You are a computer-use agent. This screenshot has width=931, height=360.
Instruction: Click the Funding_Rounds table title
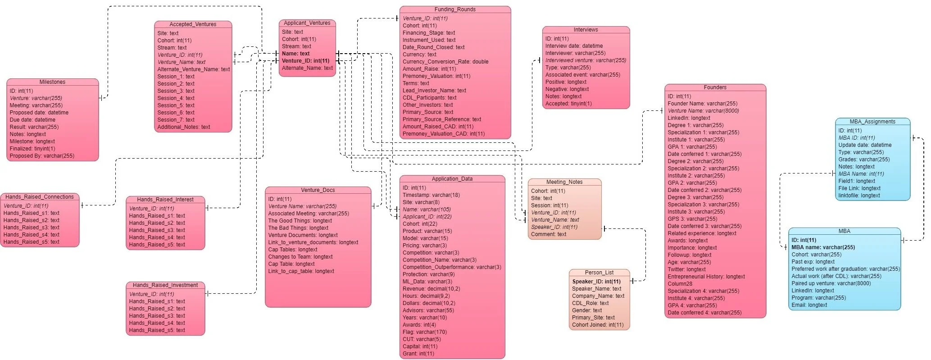tap(455, 9)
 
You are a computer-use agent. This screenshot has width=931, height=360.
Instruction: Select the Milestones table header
tap(52, 82)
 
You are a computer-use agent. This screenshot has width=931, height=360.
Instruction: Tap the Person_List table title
tap(599, 273)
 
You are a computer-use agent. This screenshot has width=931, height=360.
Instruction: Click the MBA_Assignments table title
tap(872, 122)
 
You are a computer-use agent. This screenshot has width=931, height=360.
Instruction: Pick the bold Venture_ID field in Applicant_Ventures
tap(305, 61)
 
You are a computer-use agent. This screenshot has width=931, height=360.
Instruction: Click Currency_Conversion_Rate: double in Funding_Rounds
tap(445, 62)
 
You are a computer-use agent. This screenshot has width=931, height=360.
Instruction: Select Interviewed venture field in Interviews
tap(586, 60)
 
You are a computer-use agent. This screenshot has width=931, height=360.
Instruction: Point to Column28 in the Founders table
tap(680, 284)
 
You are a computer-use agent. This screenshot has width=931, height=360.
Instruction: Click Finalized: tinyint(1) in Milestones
tap(32, 149)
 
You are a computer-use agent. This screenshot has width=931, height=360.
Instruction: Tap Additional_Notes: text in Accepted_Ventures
tap(184, 127)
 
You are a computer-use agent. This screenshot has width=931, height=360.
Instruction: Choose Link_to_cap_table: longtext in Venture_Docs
tap(301, 271)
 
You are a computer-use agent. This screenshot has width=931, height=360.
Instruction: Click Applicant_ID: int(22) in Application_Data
tap(427, 217)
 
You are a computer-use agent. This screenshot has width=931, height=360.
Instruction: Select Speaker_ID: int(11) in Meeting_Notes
tap(554, 227)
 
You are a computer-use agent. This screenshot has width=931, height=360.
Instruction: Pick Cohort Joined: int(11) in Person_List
tap(598, 325)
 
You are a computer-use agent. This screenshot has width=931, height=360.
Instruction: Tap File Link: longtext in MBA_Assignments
tap(859, 188)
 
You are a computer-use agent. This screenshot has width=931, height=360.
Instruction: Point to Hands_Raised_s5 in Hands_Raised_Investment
tap(157, 330)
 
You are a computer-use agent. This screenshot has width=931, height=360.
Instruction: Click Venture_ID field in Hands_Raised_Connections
tap(26, 206)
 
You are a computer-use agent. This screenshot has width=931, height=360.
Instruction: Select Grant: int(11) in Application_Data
tap(418, 354)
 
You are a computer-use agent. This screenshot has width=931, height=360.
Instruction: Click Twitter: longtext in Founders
tap(686, 269)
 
